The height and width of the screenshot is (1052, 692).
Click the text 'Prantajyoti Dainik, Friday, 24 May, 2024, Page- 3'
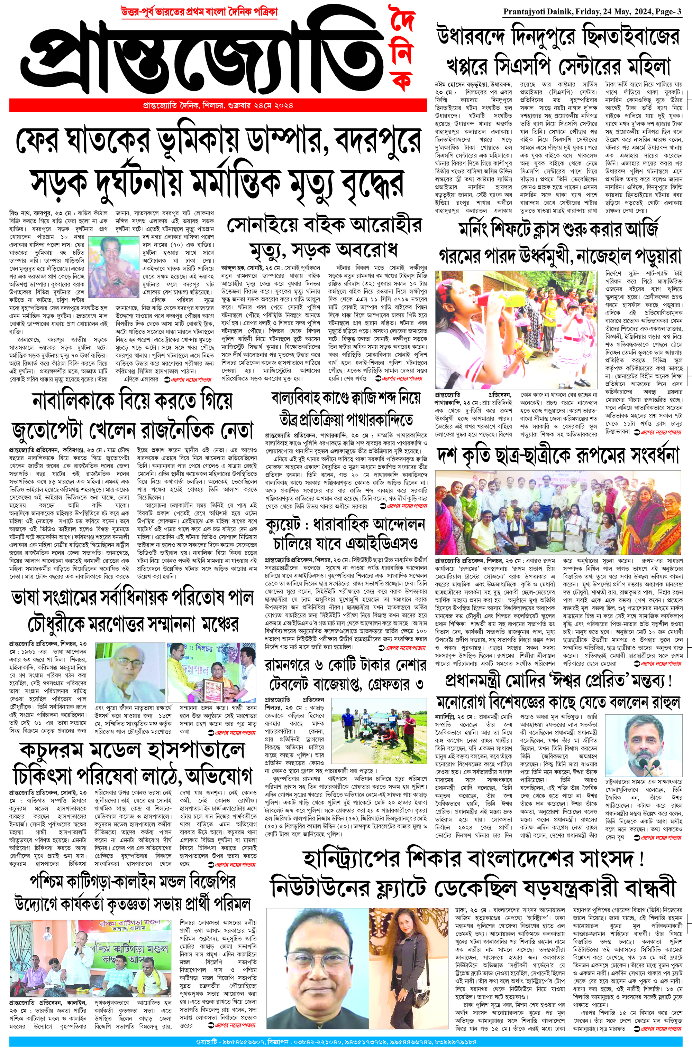(x=592, y=12)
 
